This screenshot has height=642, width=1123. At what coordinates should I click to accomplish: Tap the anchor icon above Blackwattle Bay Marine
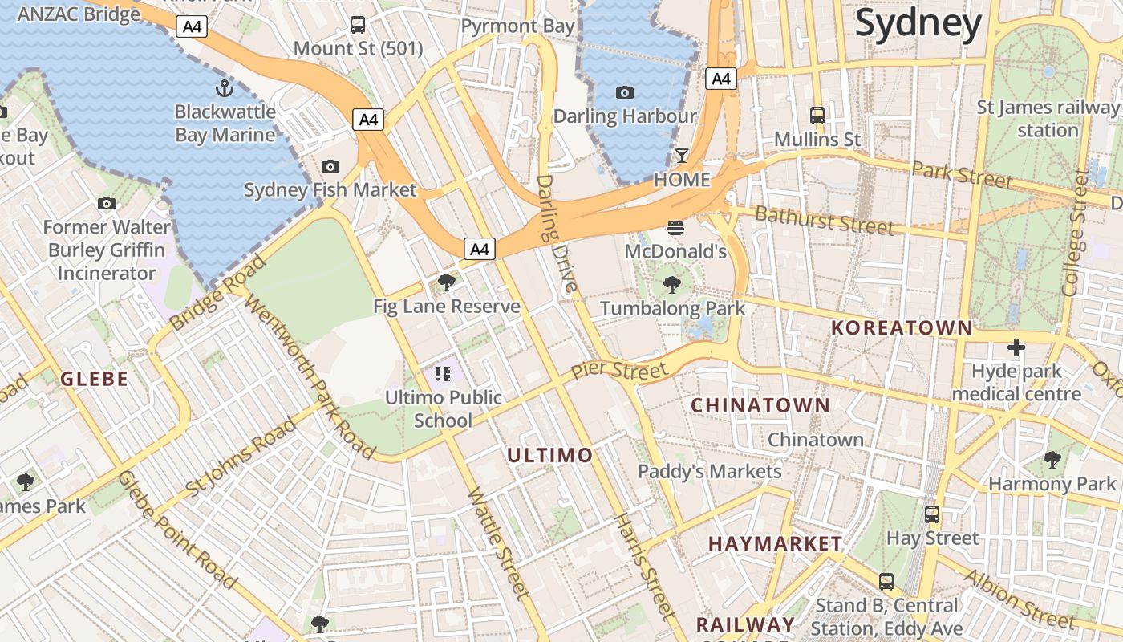[225, 87]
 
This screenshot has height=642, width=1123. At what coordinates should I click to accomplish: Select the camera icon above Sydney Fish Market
[330, 166]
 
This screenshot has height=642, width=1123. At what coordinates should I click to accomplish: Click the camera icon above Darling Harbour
[625, 92]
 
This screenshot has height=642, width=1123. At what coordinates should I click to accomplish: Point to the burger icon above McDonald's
[675, 227]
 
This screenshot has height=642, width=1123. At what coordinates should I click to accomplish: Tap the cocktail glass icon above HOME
[682, 155]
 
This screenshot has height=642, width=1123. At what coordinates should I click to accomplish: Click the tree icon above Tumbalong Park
[672, 284]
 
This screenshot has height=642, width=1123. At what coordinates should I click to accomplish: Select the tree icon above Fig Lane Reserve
[446, 282]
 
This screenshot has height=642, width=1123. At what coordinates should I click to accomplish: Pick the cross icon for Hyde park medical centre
[1016, 347]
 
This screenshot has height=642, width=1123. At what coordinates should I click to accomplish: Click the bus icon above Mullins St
[817, 116]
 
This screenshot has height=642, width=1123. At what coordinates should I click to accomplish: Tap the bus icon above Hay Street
[932, 514]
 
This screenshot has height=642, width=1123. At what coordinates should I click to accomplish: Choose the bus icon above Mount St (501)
[358, 25]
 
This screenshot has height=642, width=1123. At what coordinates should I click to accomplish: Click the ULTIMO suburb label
[550, 456]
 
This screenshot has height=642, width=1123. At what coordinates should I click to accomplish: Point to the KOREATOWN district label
[902, 327]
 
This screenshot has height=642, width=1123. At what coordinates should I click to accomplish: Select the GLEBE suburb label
[95, 379]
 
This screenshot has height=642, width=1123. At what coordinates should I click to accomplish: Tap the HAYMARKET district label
[775, 544]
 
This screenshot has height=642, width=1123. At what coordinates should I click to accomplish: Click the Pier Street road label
[618, 371]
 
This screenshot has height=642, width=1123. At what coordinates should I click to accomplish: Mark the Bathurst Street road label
[824, 219]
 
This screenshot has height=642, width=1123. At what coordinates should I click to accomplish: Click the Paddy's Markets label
[709, 471]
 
